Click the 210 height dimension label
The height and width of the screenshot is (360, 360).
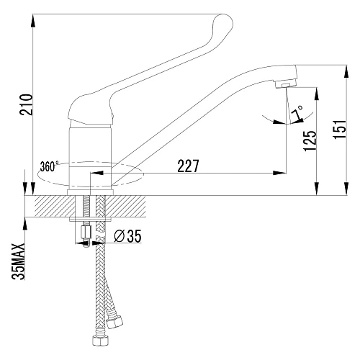(26, 104)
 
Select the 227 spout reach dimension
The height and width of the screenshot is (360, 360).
(189, 166)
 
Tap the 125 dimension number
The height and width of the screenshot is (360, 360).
(310, 141)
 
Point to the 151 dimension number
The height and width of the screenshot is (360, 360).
(340, 129)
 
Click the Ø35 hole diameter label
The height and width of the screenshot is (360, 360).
(127, 235)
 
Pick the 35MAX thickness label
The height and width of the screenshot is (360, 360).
(19, 261)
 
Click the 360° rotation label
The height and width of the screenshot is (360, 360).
(49, 166)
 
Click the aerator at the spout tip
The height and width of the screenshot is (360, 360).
(286, 85)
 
